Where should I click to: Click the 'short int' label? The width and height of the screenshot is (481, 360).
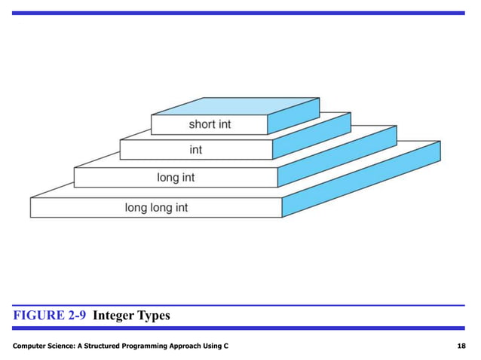210,124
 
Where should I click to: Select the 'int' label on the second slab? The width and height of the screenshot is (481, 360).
195,150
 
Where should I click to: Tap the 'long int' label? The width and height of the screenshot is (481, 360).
176,178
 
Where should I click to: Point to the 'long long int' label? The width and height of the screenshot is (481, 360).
156,207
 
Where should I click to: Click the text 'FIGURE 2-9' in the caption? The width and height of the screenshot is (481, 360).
48,316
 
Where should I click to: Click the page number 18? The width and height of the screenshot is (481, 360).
461,345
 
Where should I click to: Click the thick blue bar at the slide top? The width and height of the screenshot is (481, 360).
240,14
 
